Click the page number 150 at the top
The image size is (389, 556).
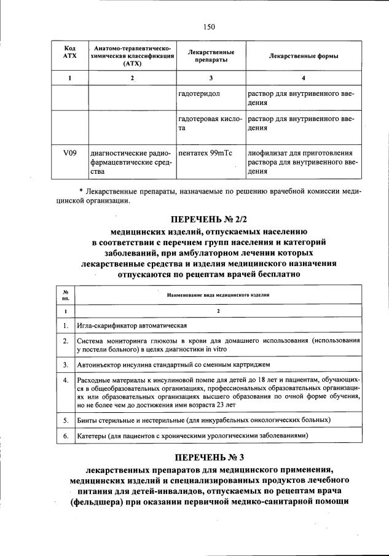pos(210,26)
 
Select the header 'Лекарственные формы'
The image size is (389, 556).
pos(304,57)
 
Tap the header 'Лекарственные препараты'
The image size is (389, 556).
pos(211,57)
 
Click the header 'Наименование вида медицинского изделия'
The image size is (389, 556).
pos(218,295)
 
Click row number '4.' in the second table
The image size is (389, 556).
pos(66,381)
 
